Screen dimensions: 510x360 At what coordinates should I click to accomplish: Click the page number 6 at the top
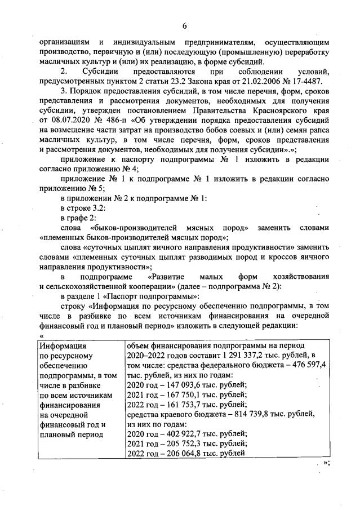coord(184,25)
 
